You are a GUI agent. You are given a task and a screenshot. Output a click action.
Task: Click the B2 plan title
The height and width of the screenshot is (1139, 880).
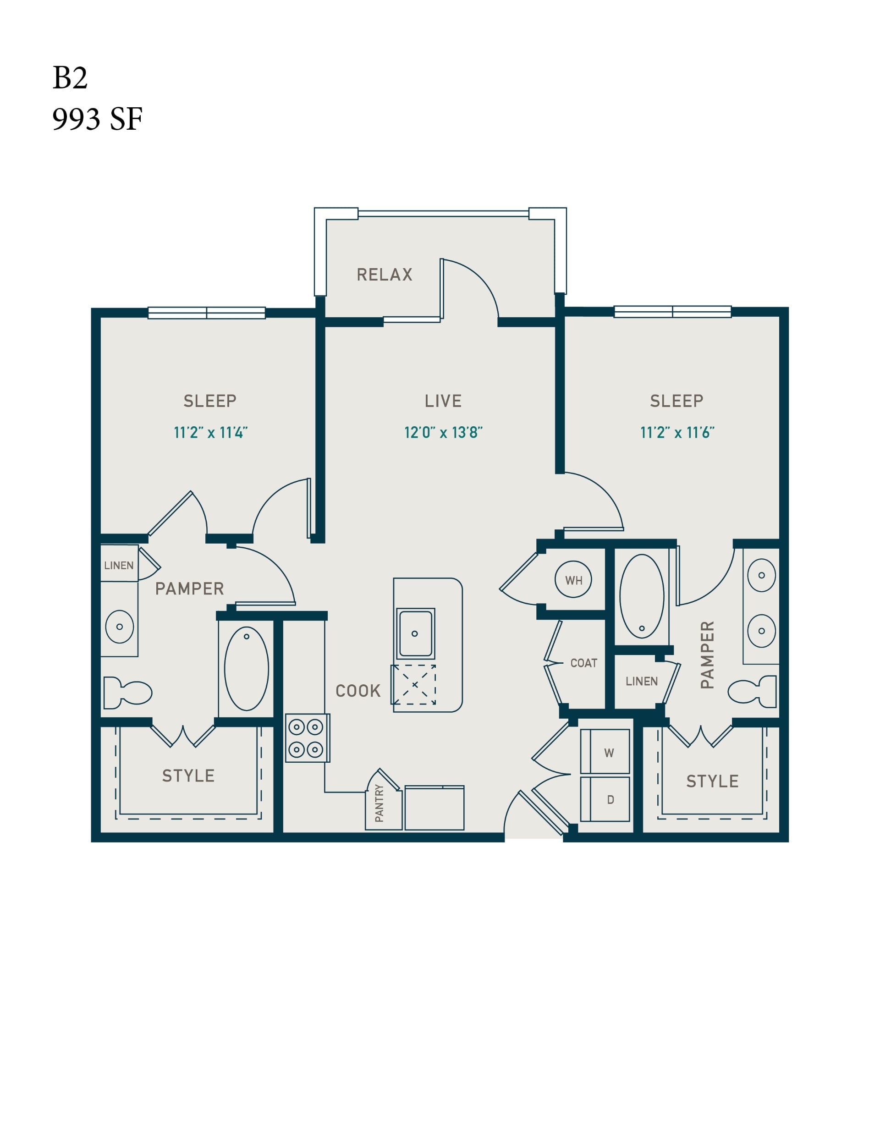click(x=70, y=78)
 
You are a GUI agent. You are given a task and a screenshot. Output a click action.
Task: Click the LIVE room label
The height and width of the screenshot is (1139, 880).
click(x=443, y=401)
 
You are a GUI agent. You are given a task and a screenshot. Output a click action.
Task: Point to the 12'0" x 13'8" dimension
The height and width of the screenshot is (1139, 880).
click(x=443, y=432)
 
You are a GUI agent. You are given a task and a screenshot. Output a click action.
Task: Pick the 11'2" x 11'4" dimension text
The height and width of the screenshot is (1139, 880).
click(x=211, y=432)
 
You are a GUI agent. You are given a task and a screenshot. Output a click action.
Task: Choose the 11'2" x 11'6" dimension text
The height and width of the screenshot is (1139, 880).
click(x=677, y=432)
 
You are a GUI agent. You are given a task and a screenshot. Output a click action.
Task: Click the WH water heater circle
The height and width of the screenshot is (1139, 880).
click(x=573, y=579)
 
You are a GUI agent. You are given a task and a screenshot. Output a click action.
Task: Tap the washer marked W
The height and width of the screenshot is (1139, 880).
click(x=605, y=752)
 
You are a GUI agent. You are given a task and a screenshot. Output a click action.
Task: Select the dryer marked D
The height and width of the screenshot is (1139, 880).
click(x=605, y=799)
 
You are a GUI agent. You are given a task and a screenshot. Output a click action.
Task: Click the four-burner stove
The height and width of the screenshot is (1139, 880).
click(x=307, y=738)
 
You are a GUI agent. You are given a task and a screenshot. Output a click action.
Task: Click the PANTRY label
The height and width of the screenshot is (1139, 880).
click(x=379, y=803)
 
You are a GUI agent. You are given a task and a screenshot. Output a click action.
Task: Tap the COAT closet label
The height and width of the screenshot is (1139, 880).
click(x=584, y=663)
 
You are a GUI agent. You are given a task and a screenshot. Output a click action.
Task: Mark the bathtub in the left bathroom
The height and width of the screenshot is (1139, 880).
click(x=247, y=669)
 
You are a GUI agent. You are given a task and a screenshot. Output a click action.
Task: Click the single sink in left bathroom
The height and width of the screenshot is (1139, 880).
click(x=120, y=627)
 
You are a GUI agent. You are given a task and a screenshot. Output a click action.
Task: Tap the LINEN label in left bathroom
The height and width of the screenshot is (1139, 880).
click(x=119, y=565)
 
